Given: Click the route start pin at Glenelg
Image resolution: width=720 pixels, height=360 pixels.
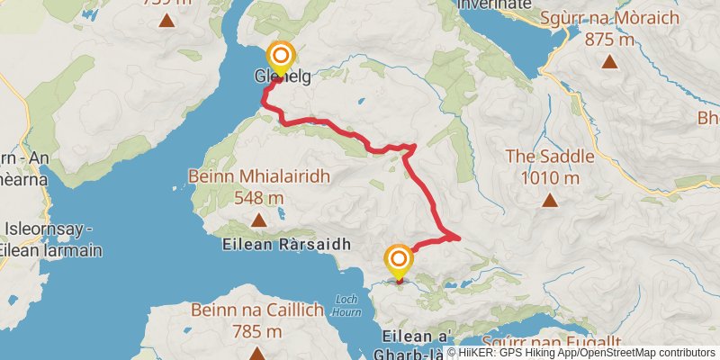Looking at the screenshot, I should coord(281,57).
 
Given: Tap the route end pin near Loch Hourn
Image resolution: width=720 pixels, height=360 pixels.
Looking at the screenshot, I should coord(398,261).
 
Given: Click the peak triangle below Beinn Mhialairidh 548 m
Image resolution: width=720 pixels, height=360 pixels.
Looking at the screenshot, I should coord(259,220).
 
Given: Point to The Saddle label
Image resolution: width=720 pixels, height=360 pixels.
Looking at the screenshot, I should coord(549,157).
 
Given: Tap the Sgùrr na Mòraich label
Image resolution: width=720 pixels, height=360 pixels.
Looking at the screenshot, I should coord(609,18).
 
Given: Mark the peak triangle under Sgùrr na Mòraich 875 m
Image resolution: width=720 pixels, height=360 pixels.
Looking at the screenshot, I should coord(610,62).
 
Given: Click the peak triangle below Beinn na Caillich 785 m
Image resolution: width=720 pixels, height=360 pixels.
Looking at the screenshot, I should coord(257,353).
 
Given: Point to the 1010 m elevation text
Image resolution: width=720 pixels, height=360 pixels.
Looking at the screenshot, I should coord(549,176).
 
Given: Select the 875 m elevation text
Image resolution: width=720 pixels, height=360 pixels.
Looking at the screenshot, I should coord(610,40).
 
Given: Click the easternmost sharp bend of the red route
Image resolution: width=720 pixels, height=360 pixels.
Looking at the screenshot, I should coord(459,238).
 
